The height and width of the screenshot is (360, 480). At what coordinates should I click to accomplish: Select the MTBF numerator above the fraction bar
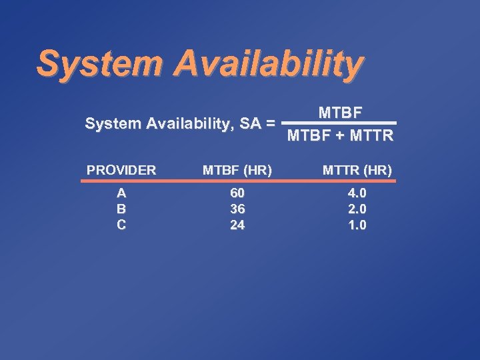[x=340, y=111]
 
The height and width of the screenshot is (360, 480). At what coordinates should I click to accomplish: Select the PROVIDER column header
[x=121, y=170]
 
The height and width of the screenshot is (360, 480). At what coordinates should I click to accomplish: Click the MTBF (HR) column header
[x=237, y=170]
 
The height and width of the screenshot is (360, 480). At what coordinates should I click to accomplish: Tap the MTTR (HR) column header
[x=357, y=170]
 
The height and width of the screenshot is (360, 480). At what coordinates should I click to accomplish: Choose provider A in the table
[x=121, y=193]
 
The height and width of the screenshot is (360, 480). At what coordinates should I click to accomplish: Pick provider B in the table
[x=121, y=209]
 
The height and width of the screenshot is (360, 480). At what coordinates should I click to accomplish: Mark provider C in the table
[x=121, y=225]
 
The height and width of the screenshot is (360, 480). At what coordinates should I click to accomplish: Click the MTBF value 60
[x=237, y=193]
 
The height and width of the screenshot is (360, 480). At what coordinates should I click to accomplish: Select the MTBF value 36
[x=237, y=209]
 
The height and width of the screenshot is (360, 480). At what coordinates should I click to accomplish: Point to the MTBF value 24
[x=237, y=225]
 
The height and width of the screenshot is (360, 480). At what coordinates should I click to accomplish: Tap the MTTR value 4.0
[x=357, y=193]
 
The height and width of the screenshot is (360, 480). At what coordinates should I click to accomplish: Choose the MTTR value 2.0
[x=357, y=209]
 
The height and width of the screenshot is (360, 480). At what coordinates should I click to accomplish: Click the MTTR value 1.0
[x=357, y=225]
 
